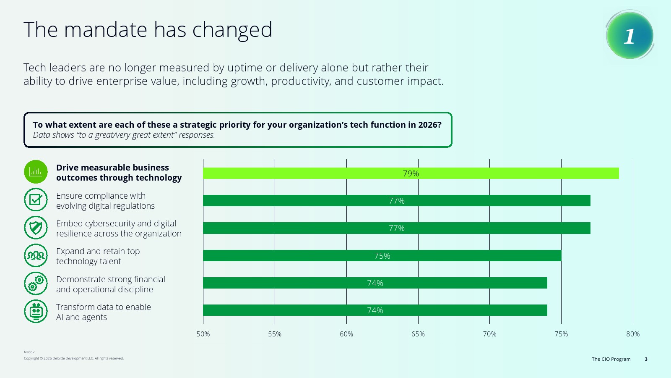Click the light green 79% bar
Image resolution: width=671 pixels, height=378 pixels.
(x=411, y=173)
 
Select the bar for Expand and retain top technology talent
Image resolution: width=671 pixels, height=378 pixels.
(x=382, y=256)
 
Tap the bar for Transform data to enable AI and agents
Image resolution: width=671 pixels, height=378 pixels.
(x=375, y=310)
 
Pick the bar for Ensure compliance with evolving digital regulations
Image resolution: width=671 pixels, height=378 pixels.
(x=397, y=201)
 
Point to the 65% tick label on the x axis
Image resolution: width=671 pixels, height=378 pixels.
(x=418, y=334)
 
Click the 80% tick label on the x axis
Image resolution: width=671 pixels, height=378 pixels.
(x=633, y=334)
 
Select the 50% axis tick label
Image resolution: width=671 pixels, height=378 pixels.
(x=203, y=334)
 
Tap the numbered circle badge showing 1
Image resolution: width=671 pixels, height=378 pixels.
(x=629, y=35)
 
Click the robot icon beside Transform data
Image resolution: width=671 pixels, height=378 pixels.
(x=36, y=311)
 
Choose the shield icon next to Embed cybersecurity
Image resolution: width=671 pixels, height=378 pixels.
(x=36, y=228)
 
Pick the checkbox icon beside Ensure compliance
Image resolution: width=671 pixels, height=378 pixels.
(x=36, y=199)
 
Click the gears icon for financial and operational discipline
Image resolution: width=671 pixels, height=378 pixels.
(x=36, y=283)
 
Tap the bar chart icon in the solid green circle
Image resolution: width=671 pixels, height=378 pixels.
(x=36, y=172)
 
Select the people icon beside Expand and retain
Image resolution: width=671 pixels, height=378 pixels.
(x=36, y=256)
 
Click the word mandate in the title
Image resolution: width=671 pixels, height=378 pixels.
(x=105, y=30)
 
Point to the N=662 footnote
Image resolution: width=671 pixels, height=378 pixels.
(x=29, y=352)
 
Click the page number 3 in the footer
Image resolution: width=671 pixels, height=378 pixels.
(x=646, y=359)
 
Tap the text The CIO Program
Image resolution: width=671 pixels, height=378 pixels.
(x=611, y=359)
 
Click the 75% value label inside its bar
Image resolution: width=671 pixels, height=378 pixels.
(x=382, y=256)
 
